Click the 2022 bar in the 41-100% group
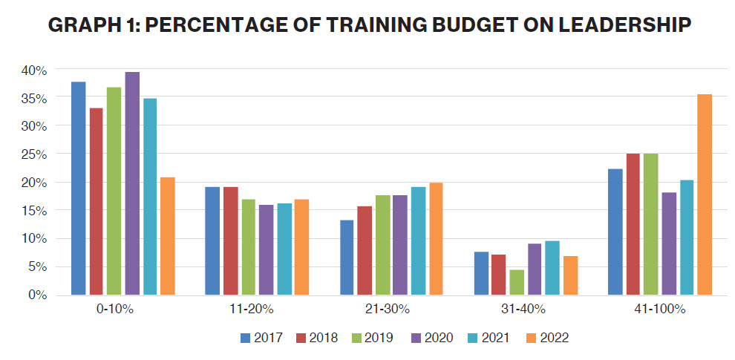[705, 194]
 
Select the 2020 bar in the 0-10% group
[132, 183]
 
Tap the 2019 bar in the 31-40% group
[517, 282]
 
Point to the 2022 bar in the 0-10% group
[168, 236]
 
